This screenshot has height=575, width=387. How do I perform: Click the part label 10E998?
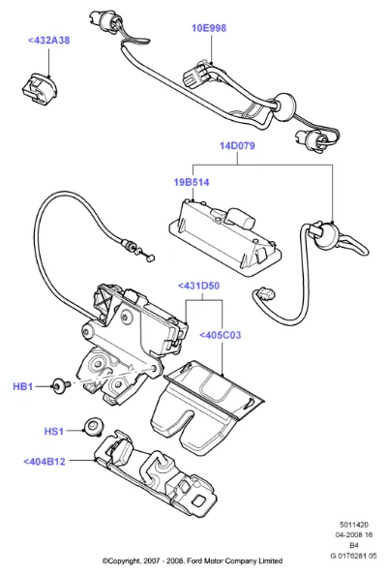pos(209,28)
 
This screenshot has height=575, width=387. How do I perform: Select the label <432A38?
pos(48,41)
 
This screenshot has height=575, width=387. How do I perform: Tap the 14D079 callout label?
pos(237,145)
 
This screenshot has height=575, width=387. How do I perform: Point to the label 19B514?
pos(192,182)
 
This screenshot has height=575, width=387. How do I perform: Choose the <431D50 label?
pos(198,286)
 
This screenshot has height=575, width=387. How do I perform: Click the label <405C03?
pos(221,335)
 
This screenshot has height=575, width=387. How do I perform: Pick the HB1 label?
pos(22,386)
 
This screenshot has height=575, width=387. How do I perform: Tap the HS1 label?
pos(54,432)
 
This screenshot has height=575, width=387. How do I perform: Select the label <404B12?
pos(45,462)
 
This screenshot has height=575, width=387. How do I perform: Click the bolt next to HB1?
pos(61,386)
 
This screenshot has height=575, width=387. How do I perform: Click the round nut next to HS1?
pos(93,427)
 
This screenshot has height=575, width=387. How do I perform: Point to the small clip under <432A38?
pos(38,87)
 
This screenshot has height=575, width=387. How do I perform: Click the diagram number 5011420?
pos(354,525)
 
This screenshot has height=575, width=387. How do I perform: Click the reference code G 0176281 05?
pos(353,556)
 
